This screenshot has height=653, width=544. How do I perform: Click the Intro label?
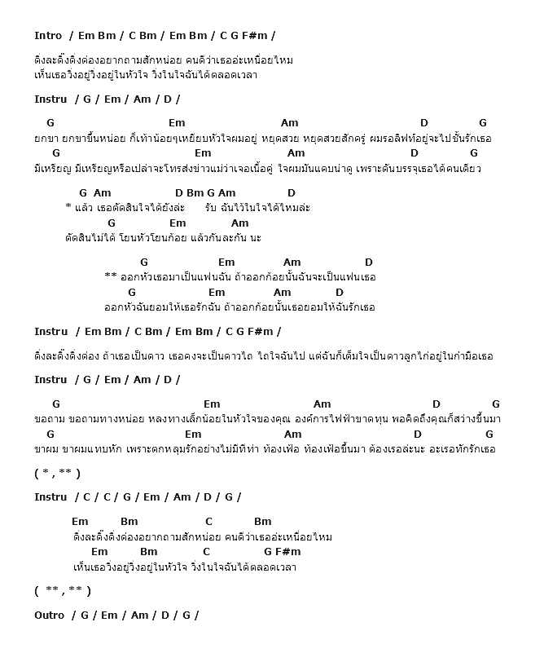[x=48, y=35]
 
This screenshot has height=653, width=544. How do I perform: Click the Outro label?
[x=49, y=615]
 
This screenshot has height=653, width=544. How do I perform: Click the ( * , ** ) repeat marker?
[x=57, y=473]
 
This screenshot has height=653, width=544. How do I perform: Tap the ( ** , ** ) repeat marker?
[x=63, y=590]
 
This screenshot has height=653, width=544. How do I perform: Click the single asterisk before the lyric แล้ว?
[x=68, y=208]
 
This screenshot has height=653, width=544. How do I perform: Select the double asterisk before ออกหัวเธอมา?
[x=111, y=277]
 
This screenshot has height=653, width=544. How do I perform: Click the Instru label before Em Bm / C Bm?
[x=50, y=331]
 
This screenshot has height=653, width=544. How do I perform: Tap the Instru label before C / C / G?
[x=50, y=496]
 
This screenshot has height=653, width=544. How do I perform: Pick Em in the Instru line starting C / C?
[x=151, y=496]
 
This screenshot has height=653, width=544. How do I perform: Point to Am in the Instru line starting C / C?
[x=182, y=496]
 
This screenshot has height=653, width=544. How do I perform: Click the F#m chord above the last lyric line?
[x=287, y=552]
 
